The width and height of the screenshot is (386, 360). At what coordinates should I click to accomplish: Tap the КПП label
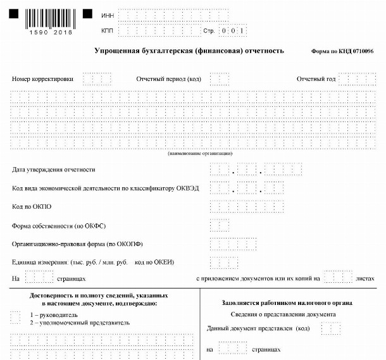pyautogui.click(x=106, y=30)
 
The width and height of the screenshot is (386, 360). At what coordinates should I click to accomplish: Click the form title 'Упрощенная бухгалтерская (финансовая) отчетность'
pyautogui.click(x=189, y=51)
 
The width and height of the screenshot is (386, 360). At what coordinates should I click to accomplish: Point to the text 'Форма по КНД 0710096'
pyautogui.click(x=342, y=51)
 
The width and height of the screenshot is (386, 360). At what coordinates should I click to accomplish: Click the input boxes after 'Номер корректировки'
pyautogui.click(x=97, y=79)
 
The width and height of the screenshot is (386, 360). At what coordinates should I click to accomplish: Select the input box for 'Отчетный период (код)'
pyautogui.click(x=219, y=79)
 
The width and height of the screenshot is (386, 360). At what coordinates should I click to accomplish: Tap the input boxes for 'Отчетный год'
pyautogui.click(x=357, y=79)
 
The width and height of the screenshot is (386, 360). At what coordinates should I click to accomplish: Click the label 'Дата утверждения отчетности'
pyautogui.click(x=54, y=170)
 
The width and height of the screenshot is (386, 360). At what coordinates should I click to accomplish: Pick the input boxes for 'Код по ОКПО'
pyautogui.click(x=247, y=207)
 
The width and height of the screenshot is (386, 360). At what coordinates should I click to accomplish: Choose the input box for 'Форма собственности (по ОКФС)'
pyautogui.click(x=219, y=225)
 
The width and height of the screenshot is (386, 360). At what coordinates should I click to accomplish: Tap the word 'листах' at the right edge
pyautogui.click(x=366, y=278)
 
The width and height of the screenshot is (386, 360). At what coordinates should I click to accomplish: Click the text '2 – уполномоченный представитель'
pyautogui.click(x=80, y=323)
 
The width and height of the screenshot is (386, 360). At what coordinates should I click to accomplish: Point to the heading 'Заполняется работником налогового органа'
pyautogui.click(x=287, y=303)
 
